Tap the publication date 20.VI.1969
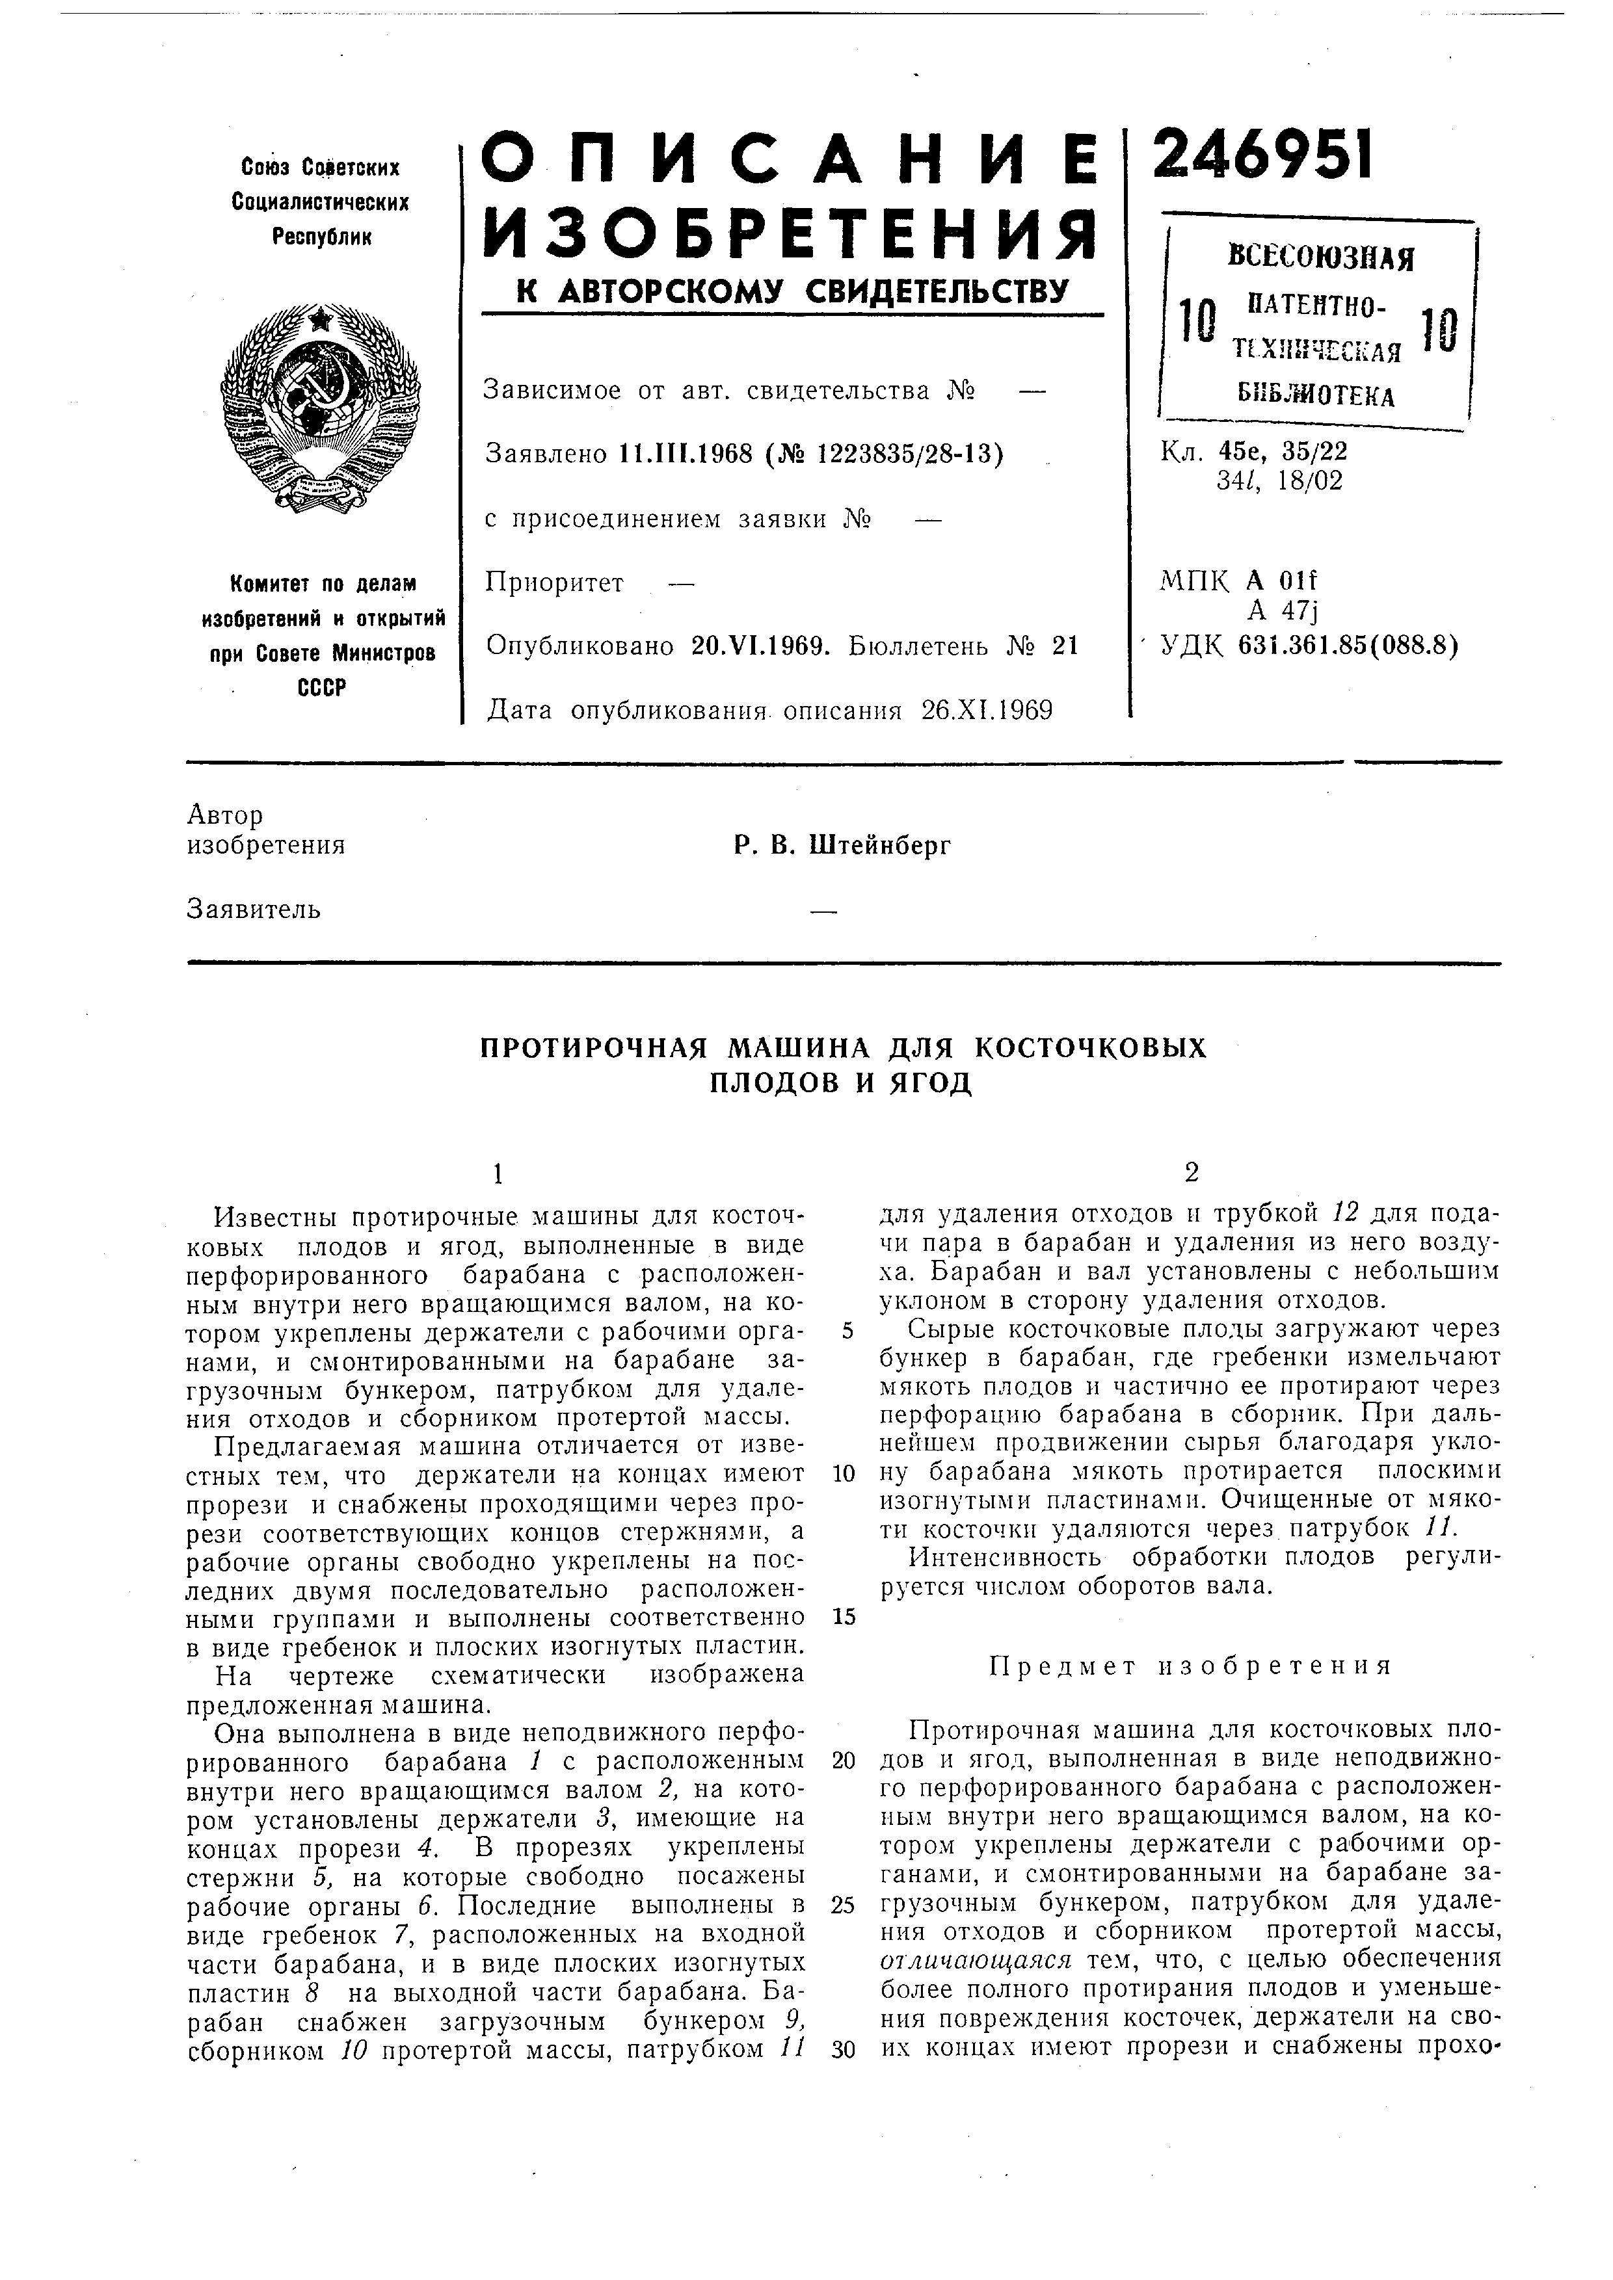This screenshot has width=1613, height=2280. [760, 646]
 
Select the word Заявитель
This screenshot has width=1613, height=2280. [253, 909]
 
